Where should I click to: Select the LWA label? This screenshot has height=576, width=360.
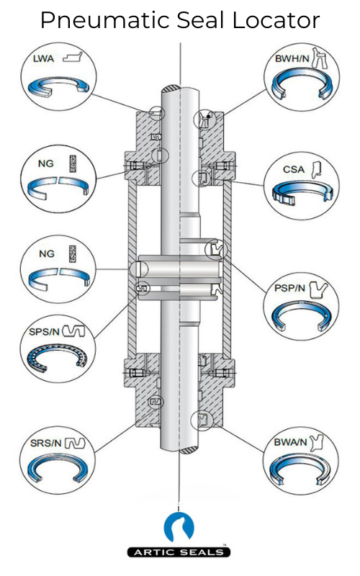pyautogui.click(x=44, y=60)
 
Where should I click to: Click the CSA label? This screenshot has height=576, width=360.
pyautogui.click(x=294, y=170)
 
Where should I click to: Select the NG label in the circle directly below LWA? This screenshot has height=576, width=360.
pyautogui.click(x=45, y=163)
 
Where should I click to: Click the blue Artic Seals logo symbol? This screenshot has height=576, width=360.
pyautogui.click(x=179, y=527)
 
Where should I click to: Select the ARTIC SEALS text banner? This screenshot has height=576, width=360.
pyautogui.click(x=179, y=552)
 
